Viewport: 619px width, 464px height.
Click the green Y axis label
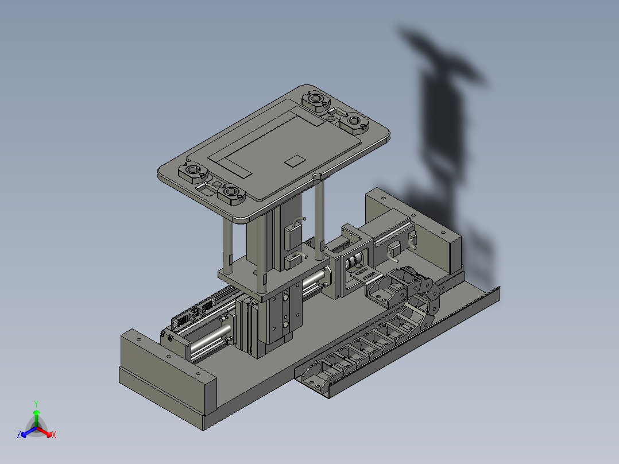pos(36,404)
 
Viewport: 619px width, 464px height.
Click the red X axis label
pos(54,435)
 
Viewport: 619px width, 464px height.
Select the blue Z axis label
pos(19,434)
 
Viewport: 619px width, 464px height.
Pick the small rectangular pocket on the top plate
pos(295,161)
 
